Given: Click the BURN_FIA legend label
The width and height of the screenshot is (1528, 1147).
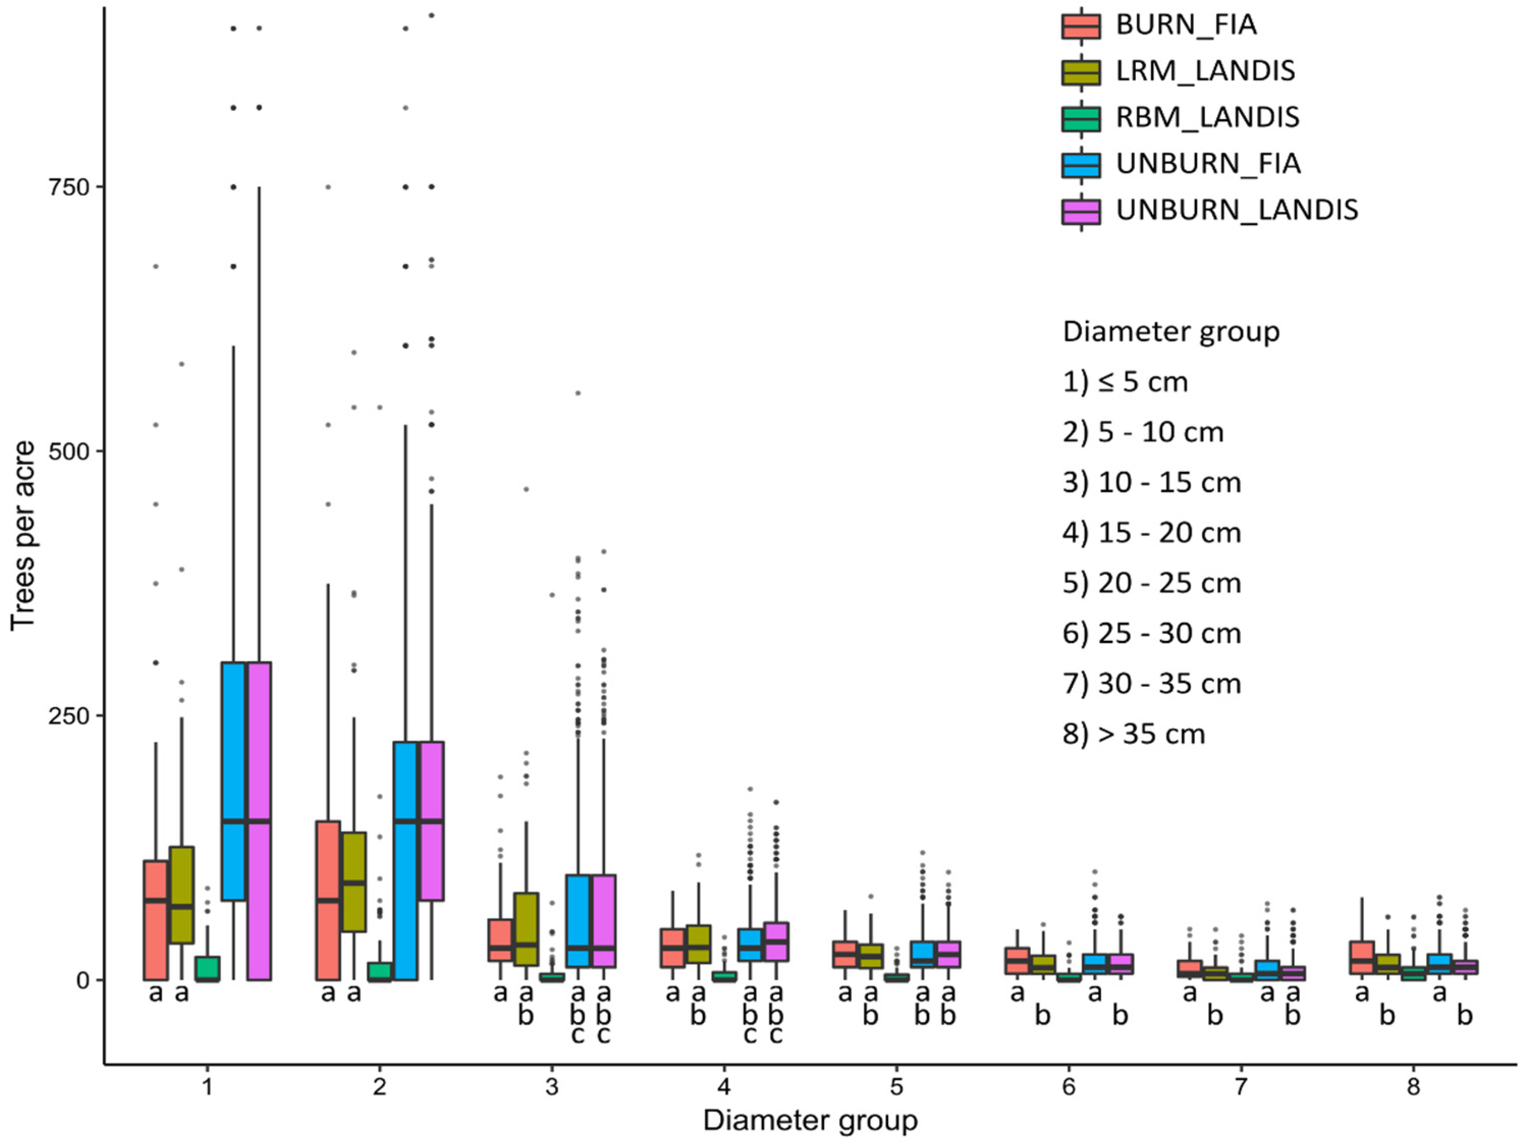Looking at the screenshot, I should point(1186,25).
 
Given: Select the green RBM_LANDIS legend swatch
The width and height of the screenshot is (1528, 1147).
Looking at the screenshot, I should point(1080,118).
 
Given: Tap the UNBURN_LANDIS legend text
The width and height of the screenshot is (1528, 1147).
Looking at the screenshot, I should point(1237,210).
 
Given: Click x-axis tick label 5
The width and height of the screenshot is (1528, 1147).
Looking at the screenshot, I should point(896,1087).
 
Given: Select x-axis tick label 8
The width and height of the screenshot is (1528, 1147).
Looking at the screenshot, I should point(1413,1087).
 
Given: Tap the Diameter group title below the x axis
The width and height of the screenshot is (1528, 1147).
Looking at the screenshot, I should point(810,1120).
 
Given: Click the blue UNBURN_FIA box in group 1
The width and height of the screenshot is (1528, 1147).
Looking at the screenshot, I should point(233,780).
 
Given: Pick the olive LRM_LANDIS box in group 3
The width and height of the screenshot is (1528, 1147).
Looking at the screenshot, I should point(526,929).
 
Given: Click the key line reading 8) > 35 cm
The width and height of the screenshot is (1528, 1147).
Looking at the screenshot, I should point(1133,734).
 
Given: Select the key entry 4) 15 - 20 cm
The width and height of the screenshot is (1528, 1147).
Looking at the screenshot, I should point(1152,533).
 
